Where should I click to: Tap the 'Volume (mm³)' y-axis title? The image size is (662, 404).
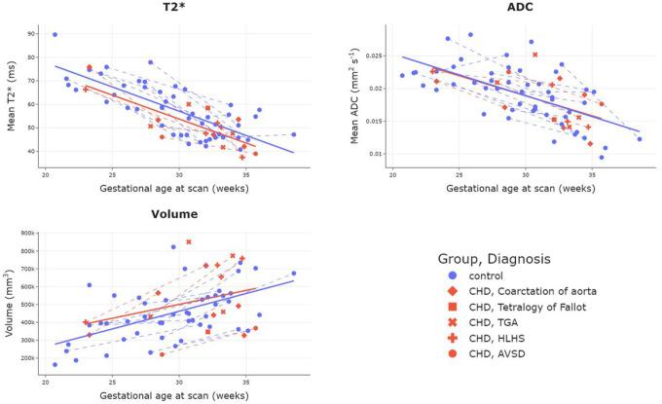click(10, 300)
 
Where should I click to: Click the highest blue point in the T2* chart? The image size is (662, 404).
click(55, 34)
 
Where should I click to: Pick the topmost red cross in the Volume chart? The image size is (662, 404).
click(189, 241)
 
